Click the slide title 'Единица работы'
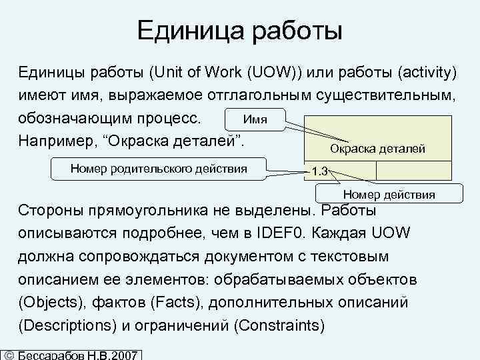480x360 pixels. pyautogui.click(x=239, y=29)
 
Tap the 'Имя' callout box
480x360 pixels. pyautogui.click(x=255, y=120)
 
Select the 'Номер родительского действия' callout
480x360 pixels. pyautogui.click(x=159, y=168)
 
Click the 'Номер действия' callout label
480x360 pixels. pyautogui.click(x=389, y=195)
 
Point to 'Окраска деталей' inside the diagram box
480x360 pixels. pyautogui.click(x=377, y=149)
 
